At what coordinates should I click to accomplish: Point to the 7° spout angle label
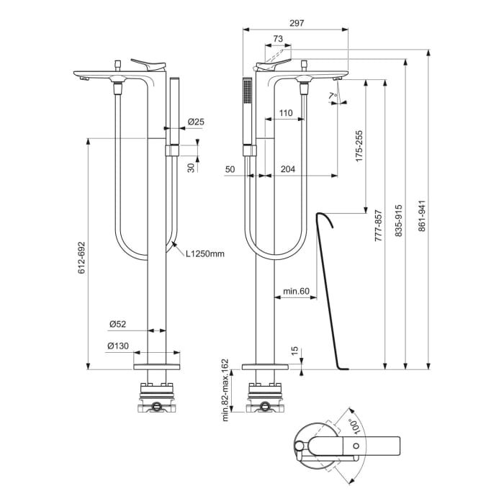[x=332, y=95]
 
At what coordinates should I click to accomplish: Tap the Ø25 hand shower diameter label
[x=196, y=122]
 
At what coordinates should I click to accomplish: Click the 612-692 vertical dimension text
[x=81, y=257]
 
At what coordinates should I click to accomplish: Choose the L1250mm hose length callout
[x=205, y=253]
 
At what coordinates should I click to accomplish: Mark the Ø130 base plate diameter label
[x=119, y=346]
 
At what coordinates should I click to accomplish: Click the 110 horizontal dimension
[x=285, y=113]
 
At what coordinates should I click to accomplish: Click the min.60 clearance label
[x=295, y=292]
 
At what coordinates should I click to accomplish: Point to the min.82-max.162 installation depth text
[x=225, y=390]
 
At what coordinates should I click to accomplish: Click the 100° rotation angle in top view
[x=353, y=428]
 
